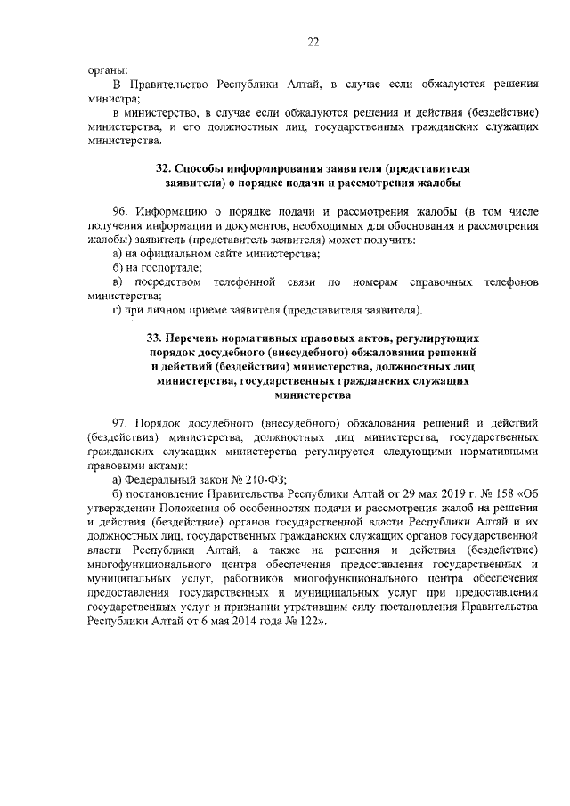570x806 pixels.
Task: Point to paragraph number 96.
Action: coord(122,212)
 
